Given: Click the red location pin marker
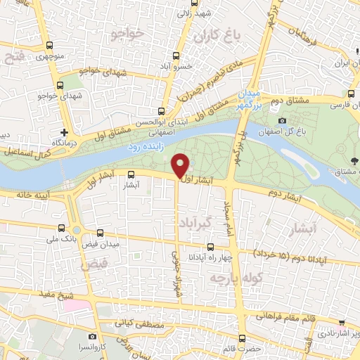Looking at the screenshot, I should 181,165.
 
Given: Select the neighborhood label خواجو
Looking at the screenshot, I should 127,32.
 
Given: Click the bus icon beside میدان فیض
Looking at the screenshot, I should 100,233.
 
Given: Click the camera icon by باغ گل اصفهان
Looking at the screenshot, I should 282,121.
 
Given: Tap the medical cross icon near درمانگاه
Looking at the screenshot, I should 64,131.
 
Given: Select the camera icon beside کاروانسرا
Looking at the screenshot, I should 93,337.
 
